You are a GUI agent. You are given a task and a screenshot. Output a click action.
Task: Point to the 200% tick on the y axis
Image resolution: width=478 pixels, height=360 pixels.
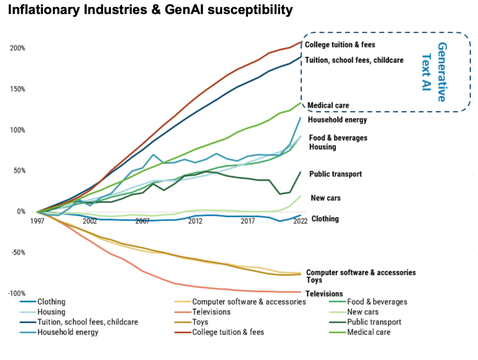(x=17, y=48)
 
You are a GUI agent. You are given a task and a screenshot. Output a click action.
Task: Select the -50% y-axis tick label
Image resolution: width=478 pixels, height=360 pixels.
(x=17, y=253)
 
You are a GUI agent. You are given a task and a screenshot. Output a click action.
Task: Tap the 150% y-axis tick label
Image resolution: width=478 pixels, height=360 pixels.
(x=17, y=89)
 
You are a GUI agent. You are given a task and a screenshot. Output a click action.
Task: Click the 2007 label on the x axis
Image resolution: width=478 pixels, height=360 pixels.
(x=142, y=221)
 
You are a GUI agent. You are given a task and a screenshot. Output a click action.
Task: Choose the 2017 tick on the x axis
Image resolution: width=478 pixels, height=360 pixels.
(x=248, y=221)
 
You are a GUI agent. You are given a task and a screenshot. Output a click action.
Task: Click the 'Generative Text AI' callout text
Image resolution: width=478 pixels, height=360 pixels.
(x=434, y=72)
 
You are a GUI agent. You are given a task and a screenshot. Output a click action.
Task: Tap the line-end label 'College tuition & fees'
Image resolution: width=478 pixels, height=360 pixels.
(x=340, y=45)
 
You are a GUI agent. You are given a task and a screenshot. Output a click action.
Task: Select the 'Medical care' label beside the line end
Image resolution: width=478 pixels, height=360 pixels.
(x=328, y=106)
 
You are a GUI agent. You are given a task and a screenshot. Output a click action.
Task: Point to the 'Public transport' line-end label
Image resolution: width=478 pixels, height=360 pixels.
(x=335, y=174)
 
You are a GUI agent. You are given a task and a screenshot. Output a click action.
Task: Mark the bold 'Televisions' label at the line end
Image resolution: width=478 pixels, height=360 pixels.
(x=324, y=294)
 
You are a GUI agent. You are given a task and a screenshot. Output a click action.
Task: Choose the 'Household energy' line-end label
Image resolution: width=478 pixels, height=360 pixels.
(x=337, y=120)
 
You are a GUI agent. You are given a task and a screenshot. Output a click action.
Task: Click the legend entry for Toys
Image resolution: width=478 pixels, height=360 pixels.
(x=200, y=322)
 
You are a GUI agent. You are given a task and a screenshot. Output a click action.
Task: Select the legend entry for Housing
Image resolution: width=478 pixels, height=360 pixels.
(x=51, y=312)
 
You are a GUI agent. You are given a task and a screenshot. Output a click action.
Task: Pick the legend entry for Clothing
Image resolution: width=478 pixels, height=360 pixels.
(x=51, y=302)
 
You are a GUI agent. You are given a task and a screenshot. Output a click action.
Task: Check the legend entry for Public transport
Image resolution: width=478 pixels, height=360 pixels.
(x=374, y=322)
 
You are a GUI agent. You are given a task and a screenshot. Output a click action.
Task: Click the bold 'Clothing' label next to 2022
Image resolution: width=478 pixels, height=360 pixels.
(x=325, y=219)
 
